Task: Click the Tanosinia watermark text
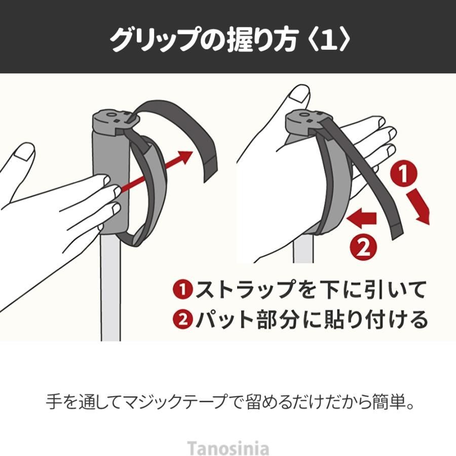(227, 448)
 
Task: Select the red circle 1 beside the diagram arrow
(403, 174)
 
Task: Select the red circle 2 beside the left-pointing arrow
(363, 248)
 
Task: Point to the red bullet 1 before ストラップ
(183, 289)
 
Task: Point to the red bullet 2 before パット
(183, 319)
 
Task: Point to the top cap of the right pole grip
(308, 121)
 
